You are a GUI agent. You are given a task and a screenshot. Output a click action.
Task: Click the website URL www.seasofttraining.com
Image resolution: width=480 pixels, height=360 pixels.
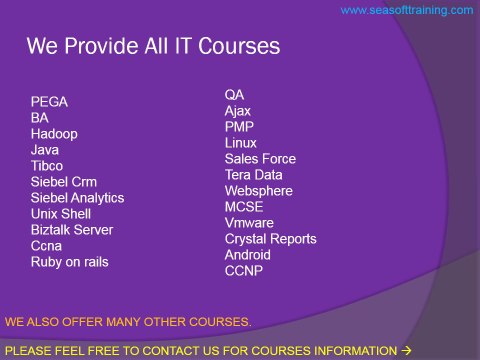coord(407,10)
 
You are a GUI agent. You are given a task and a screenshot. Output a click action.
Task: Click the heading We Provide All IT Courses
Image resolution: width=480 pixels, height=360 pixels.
coord(153,46)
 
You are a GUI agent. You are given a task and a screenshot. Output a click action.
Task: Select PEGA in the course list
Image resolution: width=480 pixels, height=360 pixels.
coord(50,101)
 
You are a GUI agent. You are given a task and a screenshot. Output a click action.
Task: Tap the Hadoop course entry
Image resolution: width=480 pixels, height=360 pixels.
coord(54,133)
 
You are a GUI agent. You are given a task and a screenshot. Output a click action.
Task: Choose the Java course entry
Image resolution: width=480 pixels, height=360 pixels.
coord(45,149)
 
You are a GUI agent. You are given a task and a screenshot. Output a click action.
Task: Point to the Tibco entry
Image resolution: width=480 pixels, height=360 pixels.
coord(47,165)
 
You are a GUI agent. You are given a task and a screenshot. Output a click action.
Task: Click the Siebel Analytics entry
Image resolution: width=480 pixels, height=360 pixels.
coord(77,198)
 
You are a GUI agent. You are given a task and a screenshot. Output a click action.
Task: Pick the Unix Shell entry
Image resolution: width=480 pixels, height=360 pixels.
coord(61,214)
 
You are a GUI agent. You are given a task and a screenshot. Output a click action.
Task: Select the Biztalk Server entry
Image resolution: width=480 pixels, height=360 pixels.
coord(72,230)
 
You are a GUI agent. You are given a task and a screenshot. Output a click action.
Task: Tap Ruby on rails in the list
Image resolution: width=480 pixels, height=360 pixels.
coord(70,262)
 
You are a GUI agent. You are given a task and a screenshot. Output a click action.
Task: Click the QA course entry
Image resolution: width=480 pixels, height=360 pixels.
coord(234,95)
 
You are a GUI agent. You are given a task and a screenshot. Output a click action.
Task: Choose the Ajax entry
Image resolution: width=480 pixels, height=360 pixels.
coord(238,111)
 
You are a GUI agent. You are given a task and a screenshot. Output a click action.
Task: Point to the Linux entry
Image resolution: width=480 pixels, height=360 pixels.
coord(241,143)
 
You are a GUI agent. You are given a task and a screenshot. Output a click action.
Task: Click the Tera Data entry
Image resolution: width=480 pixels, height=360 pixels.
coord(254,175)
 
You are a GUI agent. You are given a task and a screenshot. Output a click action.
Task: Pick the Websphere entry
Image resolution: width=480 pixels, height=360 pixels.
coord(258,191)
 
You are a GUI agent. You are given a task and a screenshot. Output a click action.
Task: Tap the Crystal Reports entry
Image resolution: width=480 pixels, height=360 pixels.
coord(270,239)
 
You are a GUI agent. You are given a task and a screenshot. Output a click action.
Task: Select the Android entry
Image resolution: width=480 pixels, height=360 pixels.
coord(247,255)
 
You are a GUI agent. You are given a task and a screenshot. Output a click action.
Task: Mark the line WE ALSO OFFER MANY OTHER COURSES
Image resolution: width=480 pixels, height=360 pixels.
coord(128,322)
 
